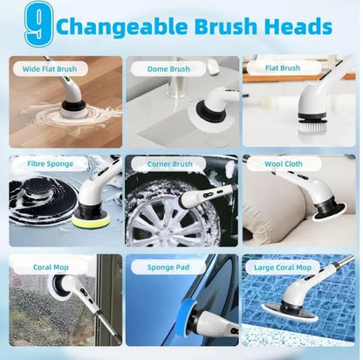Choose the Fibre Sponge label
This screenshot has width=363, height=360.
43,163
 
